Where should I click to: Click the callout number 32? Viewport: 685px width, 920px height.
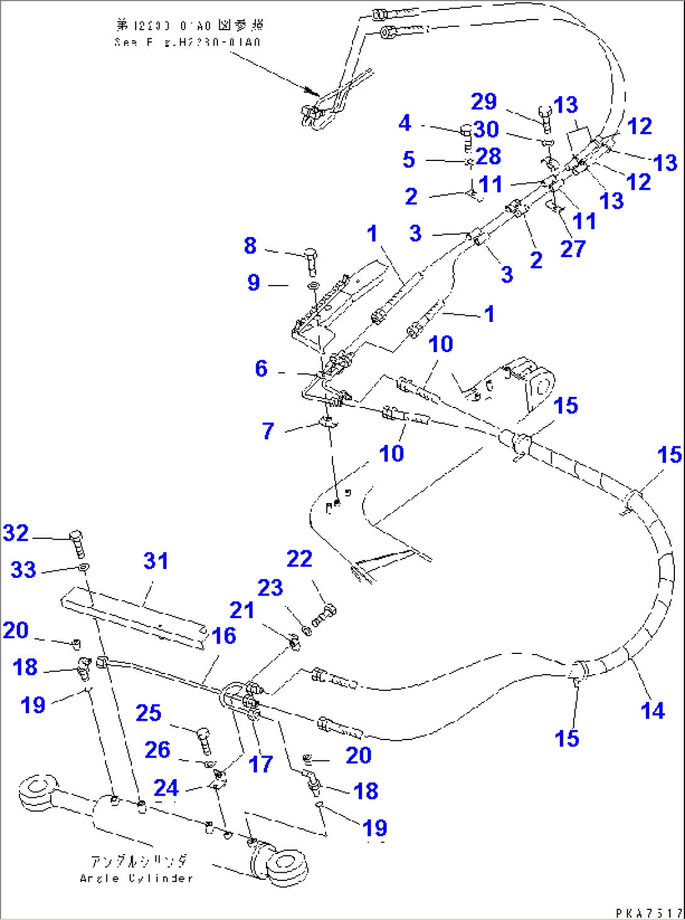tap(16, 533)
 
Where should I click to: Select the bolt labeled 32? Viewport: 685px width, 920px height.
tap(77, 543)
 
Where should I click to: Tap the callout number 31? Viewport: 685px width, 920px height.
tap(156, 561)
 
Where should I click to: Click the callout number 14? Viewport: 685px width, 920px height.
tap(652, 711)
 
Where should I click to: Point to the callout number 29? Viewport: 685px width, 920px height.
tap(484, 102)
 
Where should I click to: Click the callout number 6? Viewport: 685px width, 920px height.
tap(261, 369)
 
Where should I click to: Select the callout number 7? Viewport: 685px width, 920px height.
tap(268, 431)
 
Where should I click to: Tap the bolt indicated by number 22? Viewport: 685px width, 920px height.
tap(324, 614)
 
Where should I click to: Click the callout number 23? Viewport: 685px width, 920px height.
tap(270, 588)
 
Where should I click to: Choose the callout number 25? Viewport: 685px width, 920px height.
tap(148, 713)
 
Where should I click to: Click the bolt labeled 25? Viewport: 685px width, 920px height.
tap(204, 740)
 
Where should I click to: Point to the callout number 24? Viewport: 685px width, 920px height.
tap(167, 788)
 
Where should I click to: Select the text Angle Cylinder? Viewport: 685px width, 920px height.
tap(136, 878)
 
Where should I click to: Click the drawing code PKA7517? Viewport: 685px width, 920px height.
tap(649, 912)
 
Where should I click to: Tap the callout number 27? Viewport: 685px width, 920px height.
tap(573, 249)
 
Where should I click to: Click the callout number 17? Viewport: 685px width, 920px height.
tap(261, 765)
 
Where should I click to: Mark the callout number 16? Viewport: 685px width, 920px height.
tap(224, 636)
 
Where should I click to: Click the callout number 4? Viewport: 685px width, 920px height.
tap(405, 123)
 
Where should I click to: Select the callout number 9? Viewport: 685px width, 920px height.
tap(254, 282)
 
